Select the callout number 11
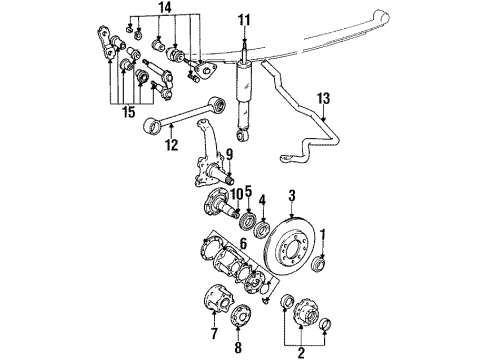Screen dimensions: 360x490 (244, 19)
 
